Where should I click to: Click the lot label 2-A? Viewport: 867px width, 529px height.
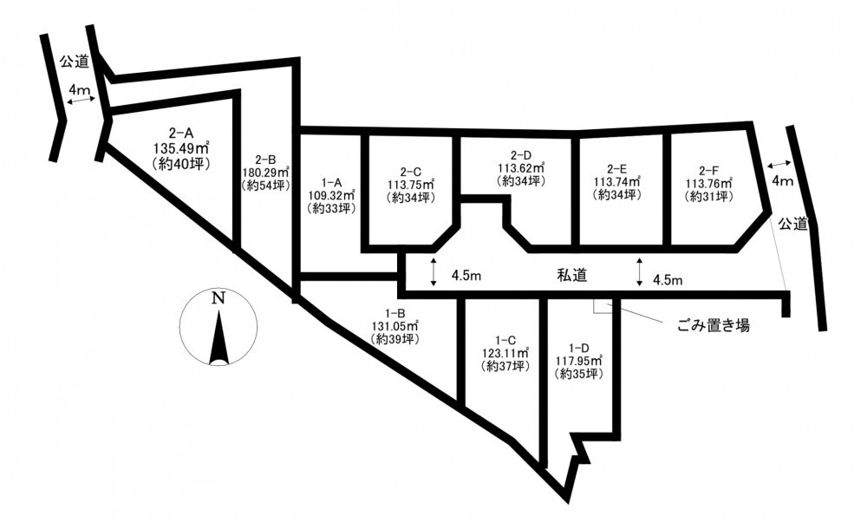(181, 133)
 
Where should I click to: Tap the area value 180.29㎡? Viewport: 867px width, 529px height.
(266, 173)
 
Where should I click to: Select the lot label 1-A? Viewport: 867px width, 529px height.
(330, 182)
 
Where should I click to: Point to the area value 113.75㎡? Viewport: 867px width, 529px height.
(410, 184)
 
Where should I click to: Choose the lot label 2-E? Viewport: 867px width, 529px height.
(616, 169)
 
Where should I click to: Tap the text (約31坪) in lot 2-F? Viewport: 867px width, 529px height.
(708, 196)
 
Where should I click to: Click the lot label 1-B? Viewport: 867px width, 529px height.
(396, 313)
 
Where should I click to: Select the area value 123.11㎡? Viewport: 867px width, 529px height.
(505, 352)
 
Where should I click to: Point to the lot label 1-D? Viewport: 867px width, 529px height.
(578, 348)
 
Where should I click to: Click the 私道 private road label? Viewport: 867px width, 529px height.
(571, 275)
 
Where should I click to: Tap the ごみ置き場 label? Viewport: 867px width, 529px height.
(714, 325)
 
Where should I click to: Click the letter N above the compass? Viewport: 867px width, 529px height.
(219, 298)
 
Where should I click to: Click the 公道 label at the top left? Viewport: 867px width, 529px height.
(75, 62)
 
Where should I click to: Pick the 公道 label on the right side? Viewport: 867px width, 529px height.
(793, 224)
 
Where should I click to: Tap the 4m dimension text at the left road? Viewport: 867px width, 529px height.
(79, 89)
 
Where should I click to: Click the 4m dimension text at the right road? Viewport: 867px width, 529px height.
(782, 180)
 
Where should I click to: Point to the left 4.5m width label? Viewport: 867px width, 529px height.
(466, 276)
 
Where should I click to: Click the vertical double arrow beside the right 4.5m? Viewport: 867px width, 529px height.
(640, 271)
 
